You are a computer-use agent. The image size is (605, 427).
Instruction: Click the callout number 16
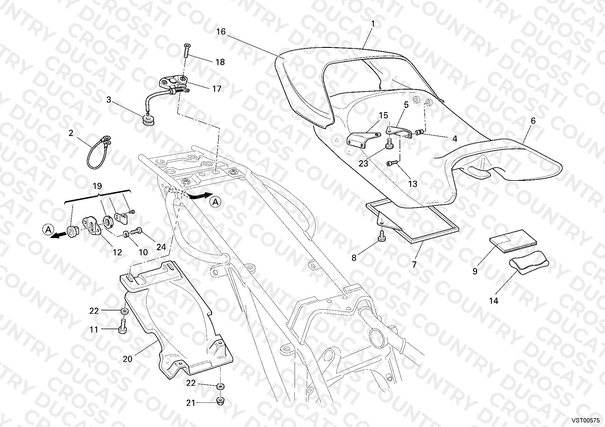[x=221, y=31]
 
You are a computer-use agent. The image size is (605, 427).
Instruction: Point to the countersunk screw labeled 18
[x=186, y=51]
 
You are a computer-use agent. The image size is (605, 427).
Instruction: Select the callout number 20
[x=128, y=359]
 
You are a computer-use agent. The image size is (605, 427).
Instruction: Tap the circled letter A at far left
[x=48, y=230]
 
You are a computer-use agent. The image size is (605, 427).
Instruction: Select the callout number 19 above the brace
[x=97, y=186]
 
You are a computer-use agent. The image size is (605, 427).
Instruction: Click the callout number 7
[x=414, y=264]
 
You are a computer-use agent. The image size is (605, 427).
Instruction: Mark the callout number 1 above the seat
[x=373, y=24]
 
